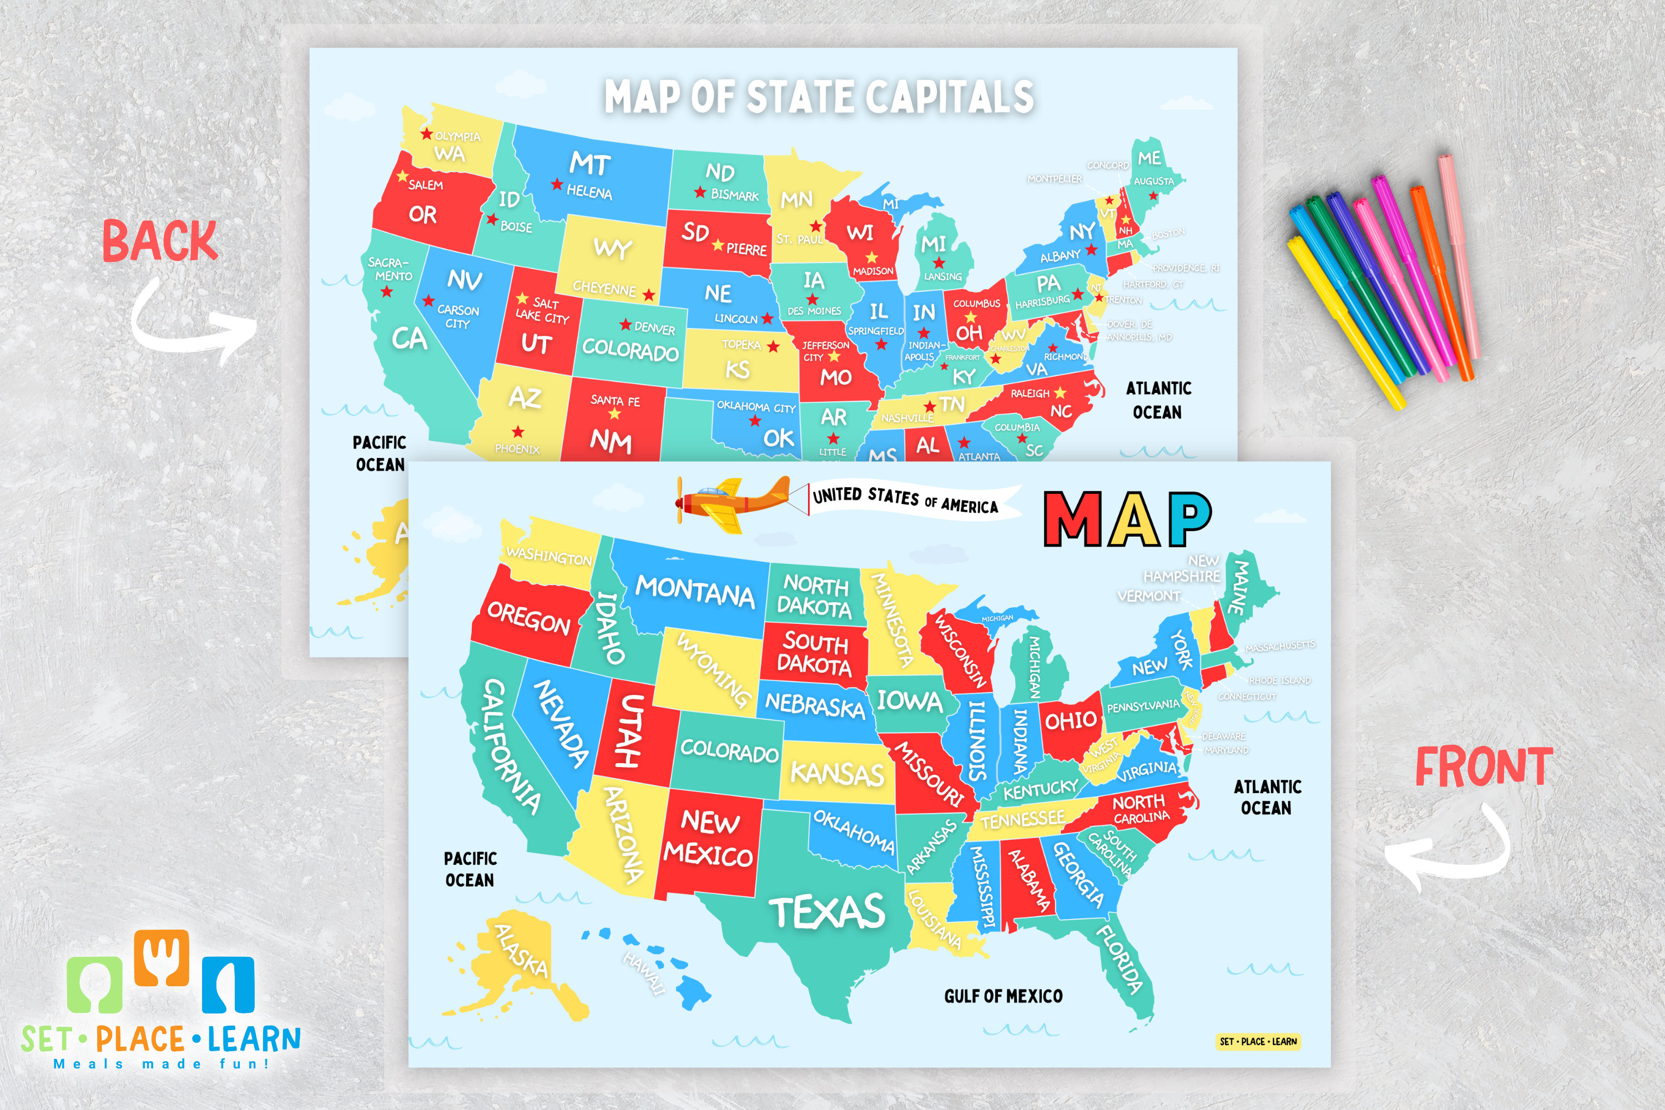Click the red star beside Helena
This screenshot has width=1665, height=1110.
point(557,185)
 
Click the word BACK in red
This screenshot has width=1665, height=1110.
point(159,241)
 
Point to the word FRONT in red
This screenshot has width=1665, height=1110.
point(1484,766)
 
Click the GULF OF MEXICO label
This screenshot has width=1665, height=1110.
point(1003,996)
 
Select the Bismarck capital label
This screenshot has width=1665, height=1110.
point(734,195)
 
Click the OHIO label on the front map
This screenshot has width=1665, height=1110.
point(1071,720)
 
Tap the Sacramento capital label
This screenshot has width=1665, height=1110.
point(390,269)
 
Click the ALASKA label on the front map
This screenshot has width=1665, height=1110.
point(521,951)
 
